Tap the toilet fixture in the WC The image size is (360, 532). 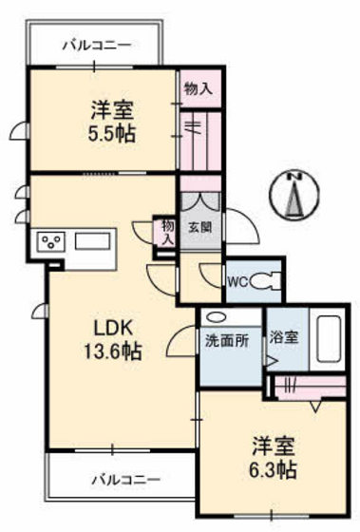pos(271,281)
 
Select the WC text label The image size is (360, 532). pos(237,281)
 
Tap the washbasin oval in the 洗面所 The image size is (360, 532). pos(216,318)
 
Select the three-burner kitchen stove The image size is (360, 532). pos(49,241)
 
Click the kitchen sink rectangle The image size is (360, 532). pos(93,240)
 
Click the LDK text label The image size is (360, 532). pos(111,329)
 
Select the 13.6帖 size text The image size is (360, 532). pos(111,351)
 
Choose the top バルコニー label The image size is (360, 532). pos(97,43)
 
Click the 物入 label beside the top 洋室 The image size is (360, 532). pos(199,87)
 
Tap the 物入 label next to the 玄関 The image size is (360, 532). pos(167,232)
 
